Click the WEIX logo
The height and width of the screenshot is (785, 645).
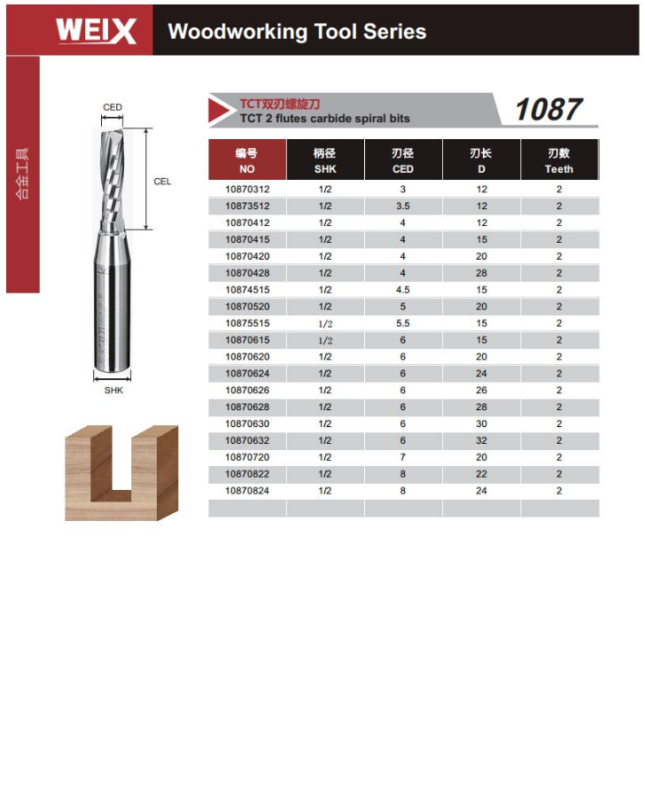(96, 31)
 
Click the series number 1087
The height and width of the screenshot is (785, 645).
(548, 109)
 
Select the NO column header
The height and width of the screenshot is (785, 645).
(247, 159)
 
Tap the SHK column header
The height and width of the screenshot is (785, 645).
(325, 159)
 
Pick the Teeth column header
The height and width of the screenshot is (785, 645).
(559, 159)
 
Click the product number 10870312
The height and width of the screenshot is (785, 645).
(247, 190)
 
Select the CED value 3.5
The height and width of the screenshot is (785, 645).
(403, 206)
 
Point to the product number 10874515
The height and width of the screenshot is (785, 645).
(247, 290)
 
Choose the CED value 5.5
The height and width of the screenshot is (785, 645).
(403, 323)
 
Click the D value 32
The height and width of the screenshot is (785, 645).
(481, 440)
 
